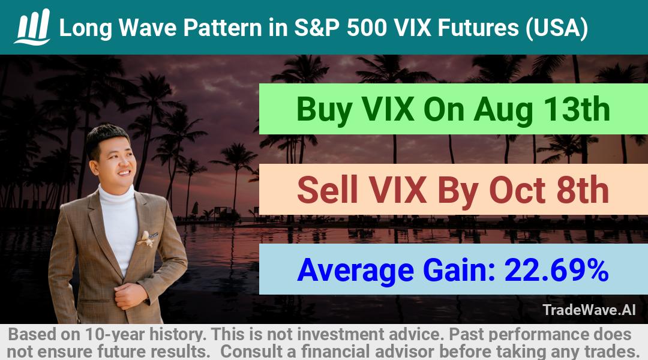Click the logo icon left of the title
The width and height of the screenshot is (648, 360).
pyautogui.click(x=32, y=26)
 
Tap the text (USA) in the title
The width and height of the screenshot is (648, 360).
pyautogui.click(x=556, y=28)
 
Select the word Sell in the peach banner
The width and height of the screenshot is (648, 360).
pyautogui.click(x=328, y=190)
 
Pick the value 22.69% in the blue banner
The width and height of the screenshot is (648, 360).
pyautogui.click(x=556, y=270)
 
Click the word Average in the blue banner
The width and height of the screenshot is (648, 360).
pyautogui.click(x=355, y=271)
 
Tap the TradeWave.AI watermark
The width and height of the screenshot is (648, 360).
pyautogui.click(x=589, y=310)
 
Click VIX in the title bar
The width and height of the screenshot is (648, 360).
pyautogui.click(x=413, y=28)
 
